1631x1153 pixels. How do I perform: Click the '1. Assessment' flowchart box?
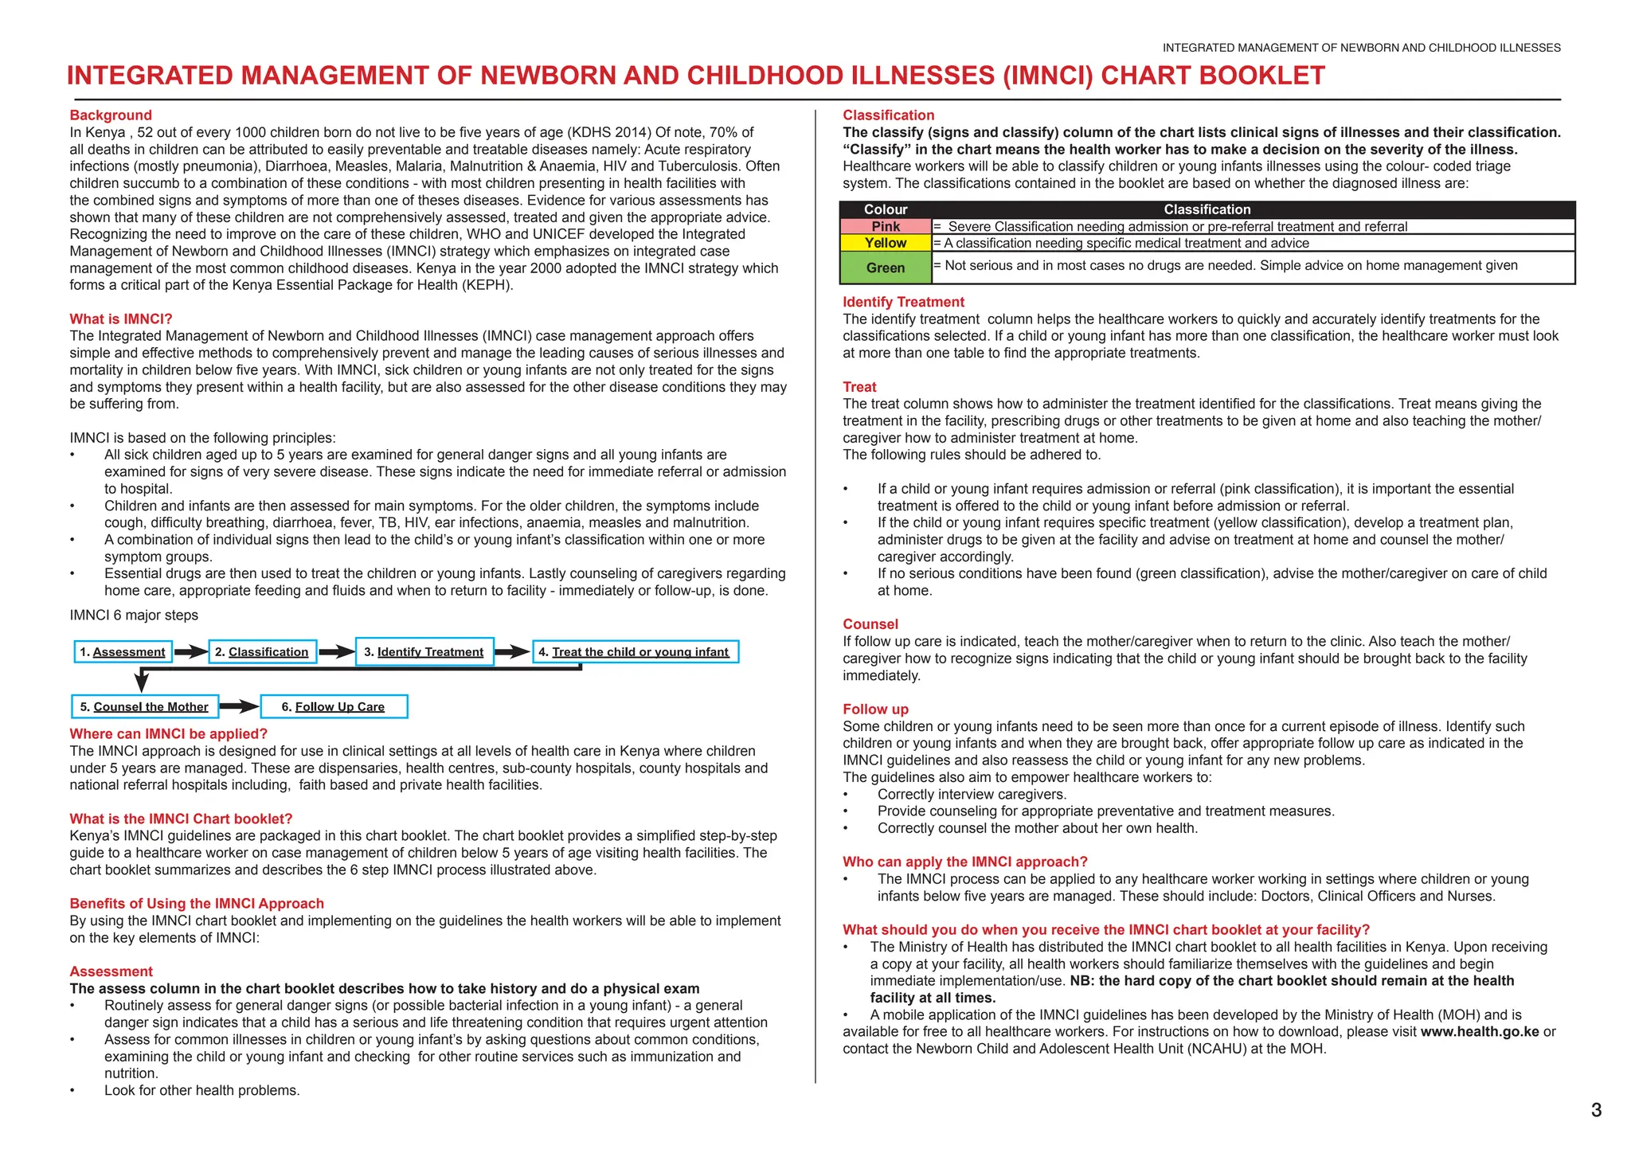123,652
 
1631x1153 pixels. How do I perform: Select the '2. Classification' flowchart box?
263,652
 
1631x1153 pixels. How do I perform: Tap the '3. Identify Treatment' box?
424,652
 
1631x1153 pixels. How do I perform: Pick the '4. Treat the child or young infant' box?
635,652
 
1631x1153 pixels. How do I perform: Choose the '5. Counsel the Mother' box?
144,707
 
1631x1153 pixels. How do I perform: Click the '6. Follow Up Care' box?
334,707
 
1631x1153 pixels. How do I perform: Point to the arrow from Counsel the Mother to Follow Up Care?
239,707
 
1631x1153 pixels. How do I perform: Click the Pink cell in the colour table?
886,227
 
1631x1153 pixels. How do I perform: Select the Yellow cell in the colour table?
886,244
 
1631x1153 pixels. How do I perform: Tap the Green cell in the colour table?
886,268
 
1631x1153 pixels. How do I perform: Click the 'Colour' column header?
886,209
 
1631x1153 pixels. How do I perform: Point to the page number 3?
1596,1110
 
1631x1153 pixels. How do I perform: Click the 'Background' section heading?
111,115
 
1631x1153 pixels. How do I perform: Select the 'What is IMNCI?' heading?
121,319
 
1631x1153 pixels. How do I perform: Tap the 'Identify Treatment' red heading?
903,303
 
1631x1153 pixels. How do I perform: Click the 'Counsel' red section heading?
870,624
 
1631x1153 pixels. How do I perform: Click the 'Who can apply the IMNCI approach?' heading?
964,862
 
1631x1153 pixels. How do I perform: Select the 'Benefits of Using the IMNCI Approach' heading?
197,904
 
